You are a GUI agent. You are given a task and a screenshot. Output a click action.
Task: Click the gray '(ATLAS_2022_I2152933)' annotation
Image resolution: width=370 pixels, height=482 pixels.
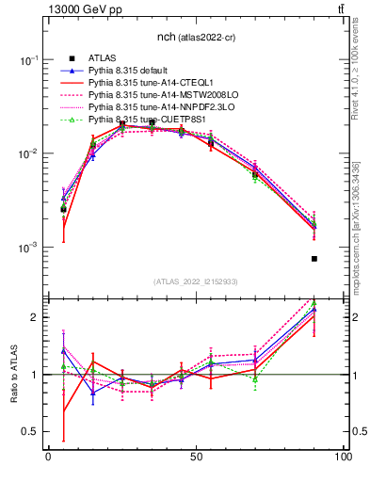(x=195, y=281)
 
